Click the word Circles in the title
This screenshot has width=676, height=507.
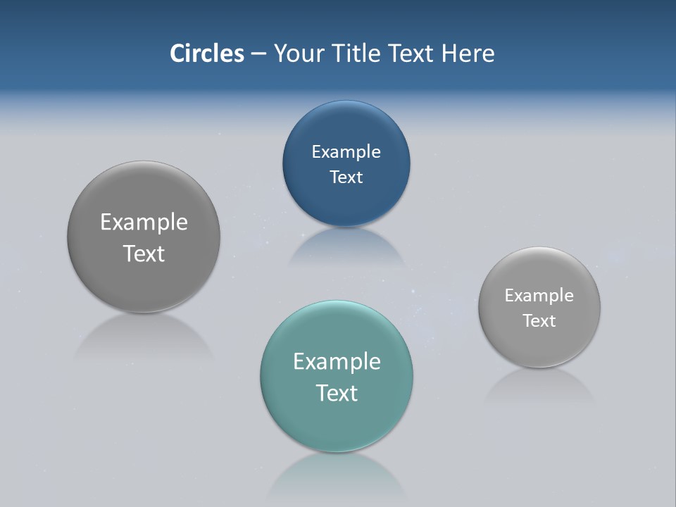click(x=206, y=54)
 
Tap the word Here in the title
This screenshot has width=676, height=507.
click(x=468, y=54)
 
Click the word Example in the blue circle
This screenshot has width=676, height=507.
click(x=346, y=152)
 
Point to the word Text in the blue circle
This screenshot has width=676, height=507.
click(x=346, y=177)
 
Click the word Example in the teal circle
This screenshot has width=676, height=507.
click(x=337, y=362)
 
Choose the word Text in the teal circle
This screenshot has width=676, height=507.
click(x=337, y=393)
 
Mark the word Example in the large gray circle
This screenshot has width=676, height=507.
click(x=144, y=223)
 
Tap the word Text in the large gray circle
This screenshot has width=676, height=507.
click(x=144, y=254)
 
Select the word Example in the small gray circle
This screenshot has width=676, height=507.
click(x=539, y=296)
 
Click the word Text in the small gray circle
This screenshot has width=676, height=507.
click(x=539, y=321)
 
